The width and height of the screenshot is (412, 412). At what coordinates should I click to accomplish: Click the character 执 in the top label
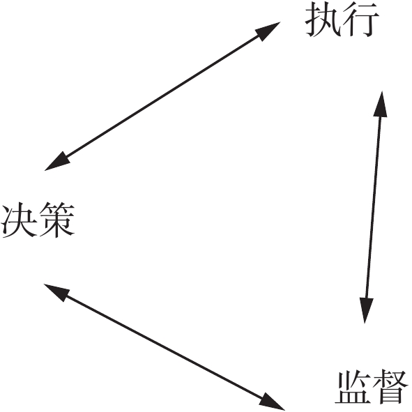pos(323,20)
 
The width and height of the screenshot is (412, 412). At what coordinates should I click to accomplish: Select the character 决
pos(19,220)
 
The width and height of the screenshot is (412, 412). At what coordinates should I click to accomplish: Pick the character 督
pos(391,388)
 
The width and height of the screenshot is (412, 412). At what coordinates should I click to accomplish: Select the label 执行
pos(342,21)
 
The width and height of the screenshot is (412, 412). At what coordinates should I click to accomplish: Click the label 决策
pos(38,220)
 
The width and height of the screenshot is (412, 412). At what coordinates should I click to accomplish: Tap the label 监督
pos(372,388)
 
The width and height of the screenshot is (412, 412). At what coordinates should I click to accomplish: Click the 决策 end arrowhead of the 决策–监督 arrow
pos(56,291)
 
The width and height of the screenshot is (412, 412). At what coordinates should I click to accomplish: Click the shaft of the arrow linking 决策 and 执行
pos(162,96)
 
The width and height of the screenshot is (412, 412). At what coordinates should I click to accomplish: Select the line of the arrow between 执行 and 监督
pos(374,207)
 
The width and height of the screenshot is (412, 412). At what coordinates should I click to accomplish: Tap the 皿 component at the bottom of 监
pos(353,397)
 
